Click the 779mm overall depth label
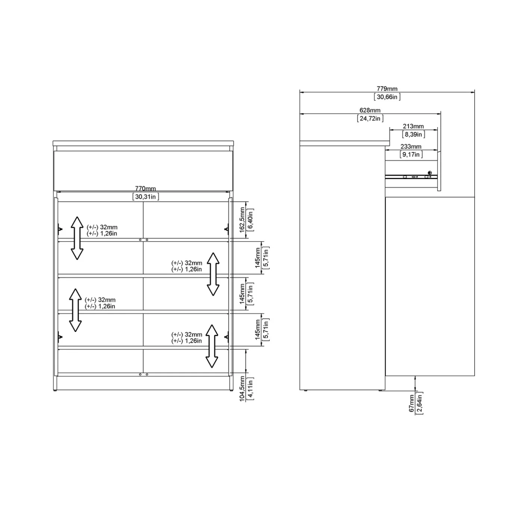coord(387,89)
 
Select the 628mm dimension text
coord(370,110)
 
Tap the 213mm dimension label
coord(413,126)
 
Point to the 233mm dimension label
coord(411,146)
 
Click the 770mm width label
coord(145,188)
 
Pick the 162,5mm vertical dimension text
coord(242,220)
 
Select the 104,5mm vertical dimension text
coord(242,389)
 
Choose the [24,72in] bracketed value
coord(370,118)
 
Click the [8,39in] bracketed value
coord(413,135)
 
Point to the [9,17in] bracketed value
coord(411,154)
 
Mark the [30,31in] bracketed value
coord(146,197)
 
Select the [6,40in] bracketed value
coord(250,220)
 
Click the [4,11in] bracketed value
coord(250,389)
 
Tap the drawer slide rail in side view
coord(411,176)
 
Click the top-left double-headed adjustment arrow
coord(77,238)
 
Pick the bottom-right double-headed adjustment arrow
coord(212,346)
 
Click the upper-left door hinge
coord(60,228)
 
